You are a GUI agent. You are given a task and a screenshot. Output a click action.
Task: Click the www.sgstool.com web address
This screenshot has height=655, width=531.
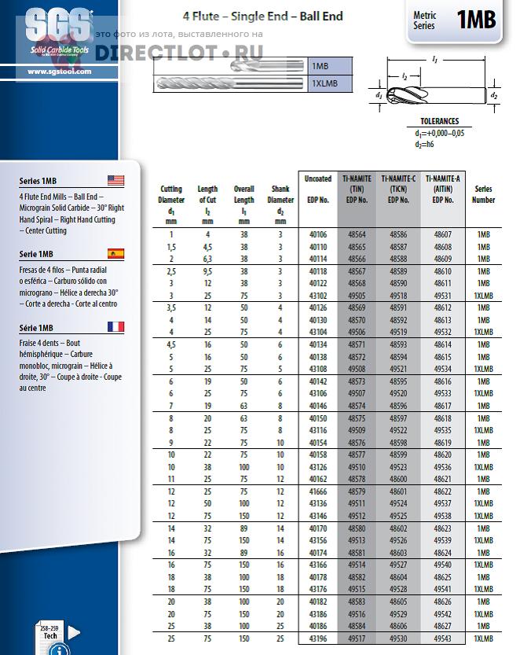[59, 72]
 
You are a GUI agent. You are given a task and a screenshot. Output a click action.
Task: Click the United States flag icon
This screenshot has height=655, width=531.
[116, 180]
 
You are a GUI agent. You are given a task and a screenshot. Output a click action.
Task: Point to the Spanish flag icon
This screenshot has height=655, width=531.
[116, 253]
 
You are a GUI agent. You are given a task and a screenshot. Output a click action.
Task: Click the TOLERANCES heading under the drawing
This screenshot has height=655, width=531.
[440, 122]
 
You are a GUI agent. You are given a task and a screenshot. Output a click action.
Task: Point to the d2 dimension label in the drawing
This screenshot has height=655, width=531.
[494, 95]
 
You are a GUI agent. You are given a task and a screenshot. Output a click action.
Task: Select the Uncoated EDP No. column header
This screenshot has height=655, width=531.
[318, 190]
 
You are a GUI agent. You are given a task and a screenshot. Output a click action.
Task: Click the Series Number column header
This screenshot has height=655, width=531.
[483, 194]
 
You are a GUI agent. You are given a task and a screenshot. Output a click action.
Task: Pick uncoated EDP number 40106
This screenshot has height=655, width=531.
[318, 234]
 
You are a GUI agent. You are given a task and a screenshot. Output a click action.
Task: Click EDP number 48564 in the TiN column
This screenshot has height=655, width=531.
[357, 234]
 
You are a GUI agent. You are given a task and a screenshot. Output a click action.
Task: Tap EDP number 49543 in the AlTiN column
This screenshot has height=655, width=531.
[444, 638]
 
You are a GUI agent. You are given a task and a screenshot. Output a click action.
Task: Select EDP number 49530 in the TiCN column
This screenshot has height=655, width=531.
[400, 638]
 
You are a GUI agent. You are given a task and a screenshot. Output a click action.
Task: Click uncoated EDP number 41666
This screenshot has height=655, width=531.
[318, 491]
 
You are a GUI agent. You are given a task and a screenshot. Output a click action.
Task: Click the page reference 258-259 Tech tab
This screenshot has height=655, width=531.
[50, 631]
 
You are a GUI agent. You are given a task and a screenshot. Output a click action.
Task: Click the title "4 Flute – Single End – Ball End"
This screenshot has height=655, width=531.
[263, 16]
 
